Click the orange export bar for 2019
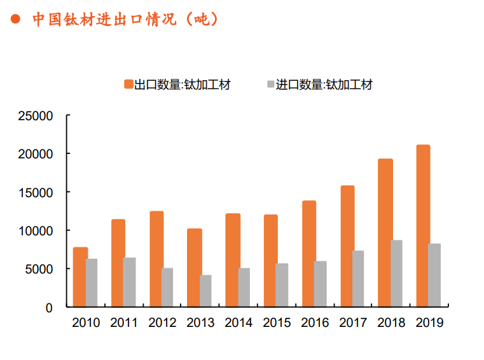coord(423,226)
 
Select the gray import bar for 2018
coord(396,273)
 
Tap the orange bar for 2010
coord(80,277)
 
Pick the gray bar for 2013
coord(205,291)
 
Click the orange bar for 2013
coord(194,268)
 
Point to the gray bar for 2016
coord(320,284)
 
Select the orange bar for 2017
coord(347,246)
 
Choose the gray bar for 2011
coord(129,282)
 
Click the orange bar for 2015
coord(270,261)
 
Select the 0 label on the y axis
coord(48,307)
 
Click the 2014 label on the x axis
coord(239,322)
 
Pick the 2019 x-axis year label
coord(429,322)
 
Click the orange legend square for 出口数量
coord(128,85)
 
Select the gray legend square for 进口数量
coord(270,85)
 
